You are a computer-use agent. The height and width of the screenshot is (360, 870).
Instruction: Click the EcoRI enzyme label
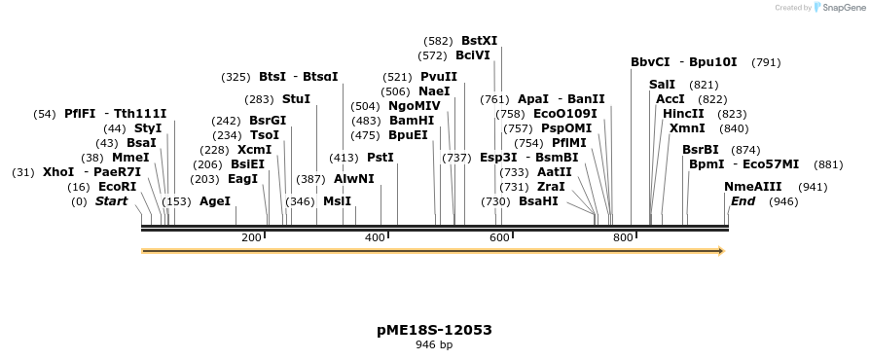(117, 187)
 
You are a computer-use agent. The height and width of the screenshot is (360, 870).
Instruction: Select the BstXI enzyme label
(479, 41)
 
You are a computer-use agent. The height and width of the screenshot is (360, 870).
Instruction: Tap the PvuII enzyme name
(439, 77)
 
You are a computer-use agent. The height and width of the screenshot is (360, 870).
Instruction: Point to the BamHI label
(412, 121)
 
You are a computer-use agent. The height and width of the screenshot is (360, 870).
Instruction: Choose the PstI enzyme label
(381, 158)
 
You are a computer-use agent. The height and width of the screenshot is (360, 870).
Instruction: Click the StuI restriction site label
(296, 99)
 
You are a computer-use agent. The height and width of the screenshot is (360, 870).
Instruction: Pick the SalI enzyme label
(662, 85)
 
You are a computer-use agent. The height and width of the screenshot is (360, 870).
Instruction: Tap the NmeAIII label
(752, 187)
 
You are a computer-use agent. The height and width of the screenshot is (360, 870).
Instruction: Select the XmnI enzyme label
(687, 128)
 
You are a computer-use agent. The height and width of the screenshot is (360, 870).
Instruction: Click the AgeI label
(215, 201)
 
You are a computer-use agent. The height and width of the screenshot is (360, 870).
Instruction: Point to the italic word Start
(111, 201)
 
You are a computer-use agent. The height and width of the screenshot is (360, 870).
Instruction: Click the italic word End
(743, 201)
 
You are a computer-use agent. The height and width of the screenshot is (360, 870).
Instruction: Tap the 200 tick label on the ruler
(251, 238)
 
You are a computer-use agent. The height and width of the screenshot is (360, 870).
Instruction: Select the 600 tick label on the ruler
(498, 238)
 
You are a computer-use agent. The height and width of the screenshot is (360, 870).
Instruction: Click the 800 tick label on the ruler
(622, 238)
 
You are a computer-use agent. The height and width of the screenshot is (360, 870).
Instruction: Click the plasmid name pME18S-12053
(434, 330)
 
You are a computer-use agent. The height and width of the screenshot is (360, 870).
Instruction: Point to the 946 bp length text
(434, 345)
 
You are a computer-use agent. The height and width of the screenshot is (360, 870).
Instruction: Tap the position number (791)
(766, 62)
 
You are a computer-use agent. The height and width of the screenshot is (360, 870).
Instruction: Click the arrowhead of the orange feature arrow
(721, 251)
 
